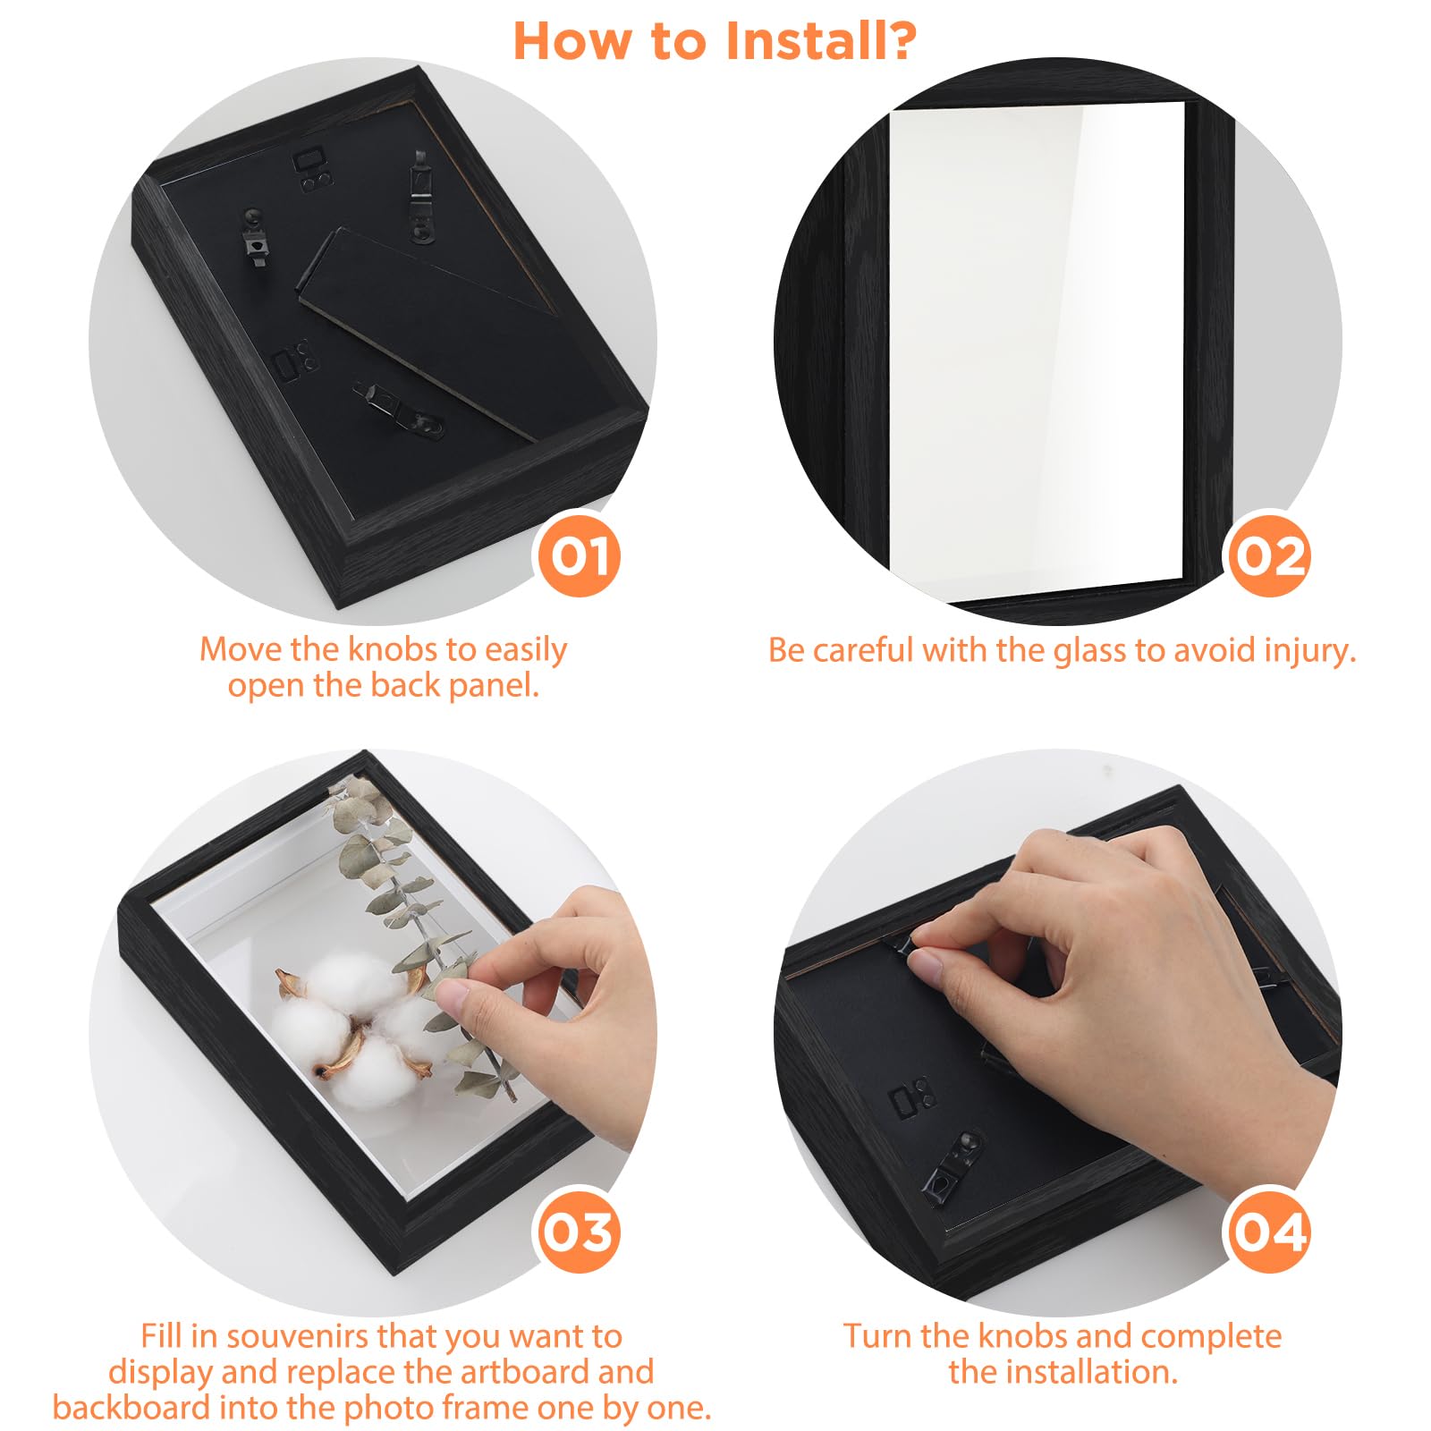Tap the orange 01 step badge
click(x=580, y=555)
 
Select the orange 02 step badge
click(x=1269, y=555)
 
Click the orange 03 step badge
click(x=580, y=1232)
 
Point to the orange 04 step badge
click(x=1269, y=1232)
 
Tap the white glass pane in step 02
click(x=1037, y=349)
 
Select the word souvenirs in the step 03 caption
click(x=300, y=1336)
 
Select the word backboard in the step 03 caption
click(x=132, y=1408)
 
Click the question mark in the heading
click(x=898, y=41)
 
